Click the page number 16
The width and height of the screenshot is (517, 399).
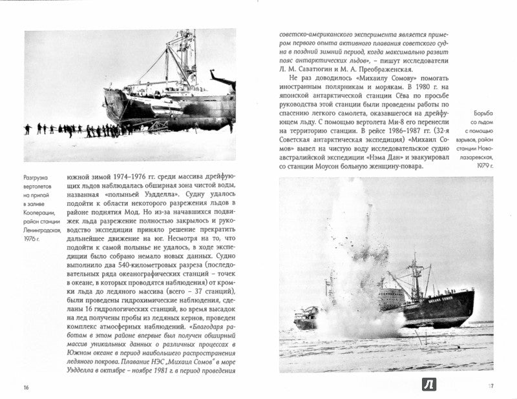tap(26, 387)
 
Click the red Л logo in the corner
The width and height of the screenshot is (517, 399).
tap(429, 384)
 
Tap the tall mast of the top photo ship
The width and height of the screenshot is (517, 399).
tap(189, 58)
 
